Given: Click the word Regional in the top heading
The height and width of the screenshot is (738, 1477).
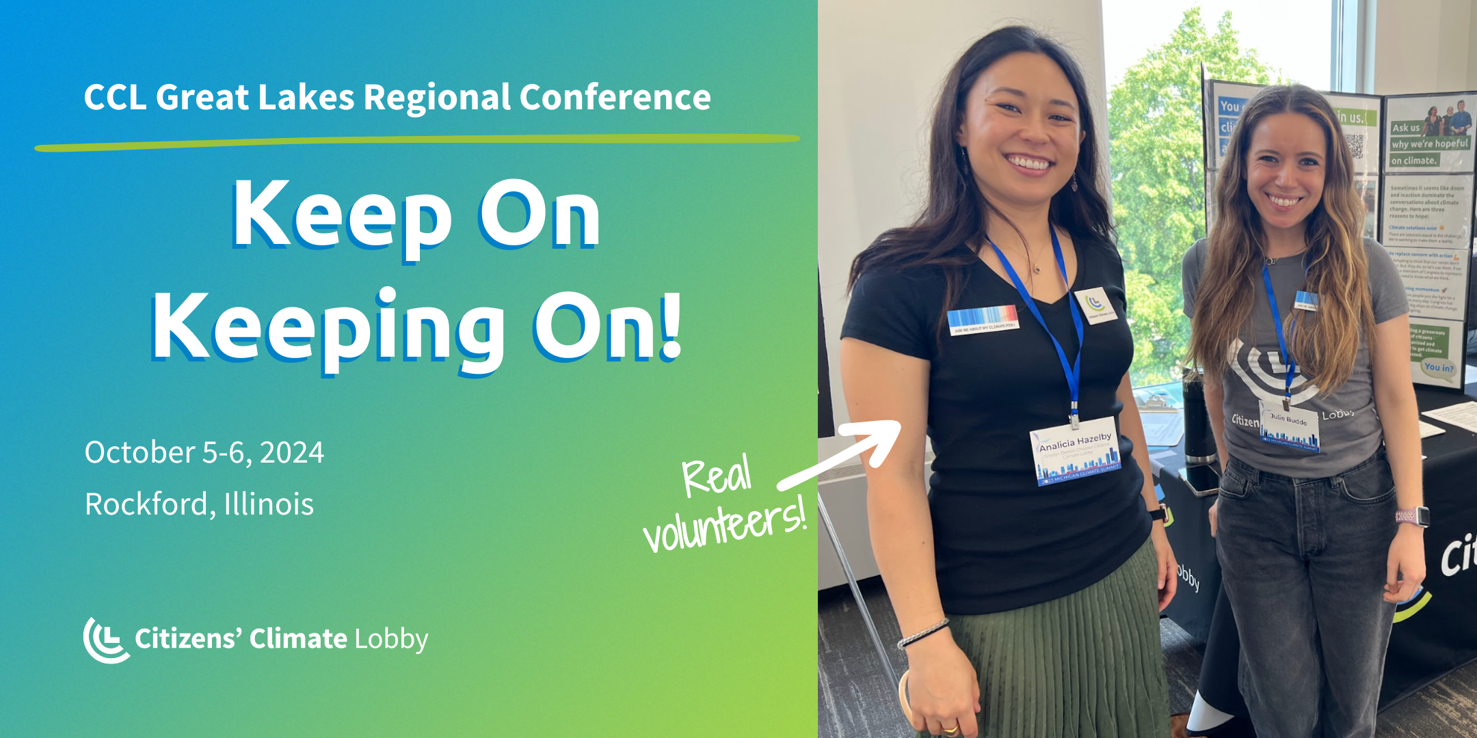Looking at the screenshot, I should [x=438, y=97].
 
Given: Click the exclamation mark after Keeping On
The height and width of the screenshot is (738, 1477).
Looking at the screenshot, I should [x=672, y=327].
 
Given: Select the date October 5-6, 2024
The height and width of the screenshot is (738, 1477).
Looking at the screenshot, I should [x=204, y=452].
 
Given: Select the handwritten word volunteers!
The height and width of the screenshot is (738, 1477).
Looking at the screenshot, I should [x=725, y=526].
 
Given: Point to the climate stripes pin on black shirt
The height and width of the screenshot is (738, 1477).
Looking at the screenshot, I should [x=983, y=319].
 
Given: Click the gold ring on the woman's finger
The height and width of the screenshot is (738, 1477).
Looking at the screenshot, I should [x=950, y=729].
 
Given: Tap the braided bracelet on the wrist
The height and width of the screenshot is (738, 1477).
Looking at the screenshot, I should [x=923, y=632].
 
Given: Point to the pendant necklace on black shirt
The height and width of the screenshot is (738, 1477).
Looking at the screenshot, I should [x=1037, y=268].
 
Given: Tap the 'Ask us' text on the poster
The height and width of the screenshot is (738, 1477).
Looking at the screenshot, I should [x=1405, y=128].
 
